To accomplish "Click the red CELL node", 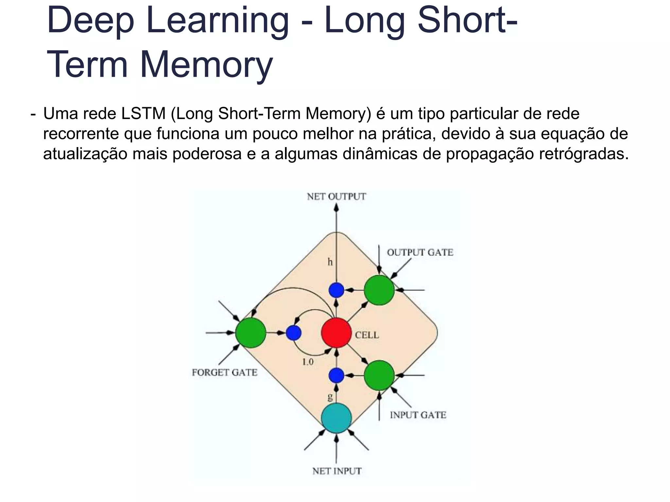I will (x=336, y=333).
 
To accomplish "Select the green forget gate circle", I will (x=251, y=333).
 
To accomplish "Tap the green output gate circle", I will (x=379, y=290).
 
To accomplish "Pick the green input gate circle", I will (x=379, y=376).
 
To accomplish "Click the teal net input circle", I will (x=336, y=418).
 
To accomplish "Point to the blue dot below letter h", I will (x=336, y=290).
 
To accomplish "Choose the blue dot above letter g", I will (x=336, y=376).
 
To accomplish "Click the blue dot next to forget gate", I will (x=293, y=333).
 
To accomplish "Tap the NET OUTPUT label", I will (x=336, y=197).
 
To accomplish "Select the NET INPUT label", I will (x=337, y=471).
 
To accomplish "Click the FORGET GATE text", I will (x=224, y=373).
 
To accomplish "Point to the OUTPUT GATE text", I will (x=420, y=253).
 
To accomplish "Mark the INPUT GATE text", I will (x=418, y=415).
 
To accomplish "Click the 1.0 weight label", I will (x=308, y=362).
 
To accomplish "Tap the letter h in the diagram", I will (x=330, y=262).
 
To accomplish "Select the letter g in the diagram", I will (x=330, y=397).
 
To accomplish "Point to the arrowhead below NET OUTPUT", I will (x=336, y=208).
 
